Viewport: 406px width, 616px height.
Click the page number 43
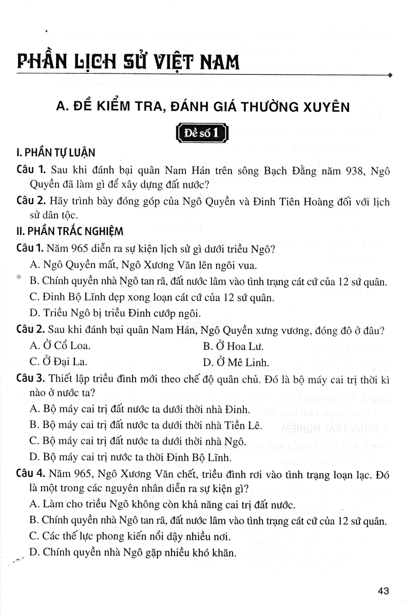coord(383,591)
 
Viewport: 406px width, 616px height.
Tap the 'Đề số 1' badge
coord(202,133)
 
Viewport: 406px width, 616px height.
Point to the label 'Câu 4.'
coord(31,472)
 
